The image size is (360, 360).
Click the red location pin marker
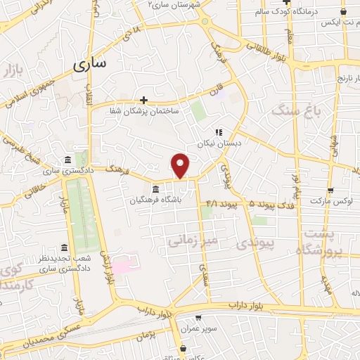(x=181, y=165)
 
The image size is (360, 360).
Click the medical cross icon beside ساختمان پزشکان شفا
(x=144, y=100)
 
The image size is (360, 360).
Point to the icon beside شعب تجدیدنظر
(x=65, y=247)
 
